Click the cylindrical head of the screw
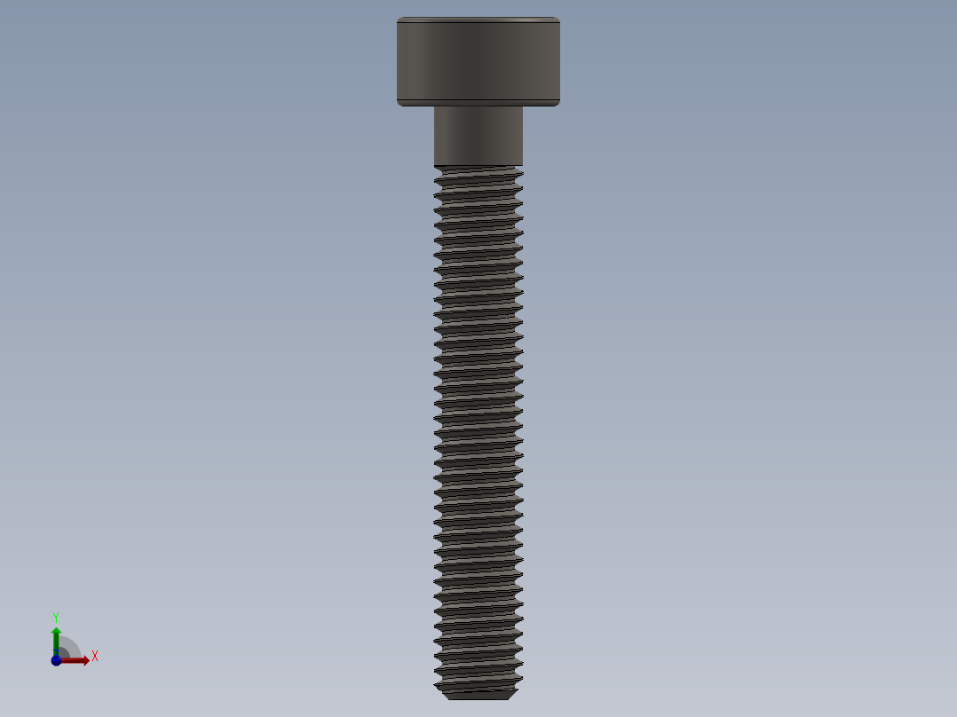478,58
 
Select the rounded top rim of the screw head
478,20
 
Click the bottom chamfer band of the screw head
478,102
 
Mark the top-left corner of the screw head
399,19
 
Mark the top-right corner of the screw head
558,19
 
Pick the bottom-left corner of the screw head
399,104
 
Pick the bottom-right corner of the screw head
558,104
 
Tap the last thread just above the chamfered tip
478,682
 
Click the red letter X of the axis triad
95,657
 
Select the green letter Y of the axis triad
55,616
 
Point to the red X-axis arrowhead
85,660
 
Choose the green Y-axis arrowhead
56,631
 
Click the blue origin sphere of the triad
56,660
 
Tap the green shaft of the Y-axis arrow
56,644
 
